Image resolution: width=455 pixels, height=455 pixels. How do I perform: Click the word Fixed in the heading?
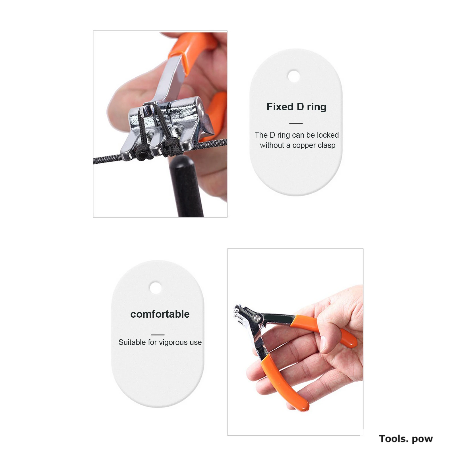(x=280, y=107)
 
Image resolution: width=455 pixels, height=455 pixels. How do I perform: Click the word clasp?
(x=326, y=145)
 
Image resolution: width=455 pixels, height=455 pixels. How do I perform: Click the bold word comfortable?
(x=160, y=314)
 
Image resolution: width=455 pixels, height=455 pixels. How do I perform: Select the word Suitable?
(x=132, y=342)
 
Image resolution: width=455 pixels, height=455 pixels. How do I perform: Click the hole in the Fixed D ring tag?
(x=294, y=76)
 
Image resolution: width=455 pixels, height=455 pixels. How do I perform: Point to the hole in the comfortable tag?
(x=156, y=288)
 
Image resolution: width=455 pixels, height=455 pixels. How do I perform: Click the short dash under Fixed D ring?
(x=296, y=123)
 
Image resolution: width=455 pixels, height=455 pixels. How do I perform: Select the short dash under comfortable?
(x=158, y=335)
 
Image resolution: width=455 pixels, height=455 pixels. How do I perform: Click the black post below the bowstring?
(x=186, y=188)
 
